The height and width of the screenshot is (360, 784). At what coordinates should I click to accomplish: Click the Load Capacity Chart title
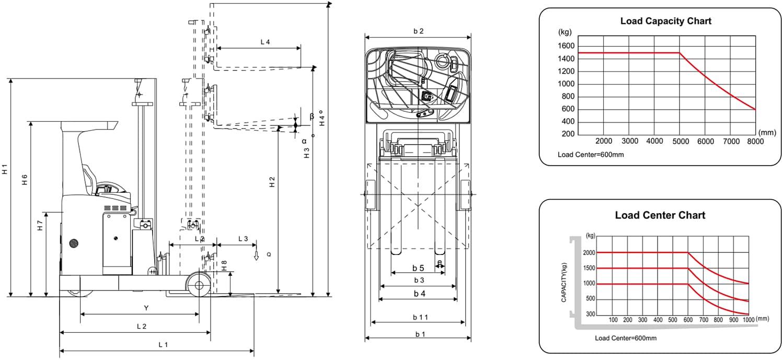pos(665,21)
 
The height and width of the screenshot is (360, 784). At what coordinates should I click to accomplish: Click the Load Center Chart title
pos(660,215)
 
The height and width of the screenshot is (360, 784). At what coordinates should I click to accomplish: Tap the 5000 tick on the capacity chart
pos(680,141)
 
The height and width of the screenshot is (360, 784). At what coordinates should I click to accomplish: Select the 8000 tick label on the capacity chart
pos(755,141)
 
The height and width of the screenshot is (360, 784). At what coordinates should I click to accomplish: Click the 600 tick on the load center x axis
pos(688,320)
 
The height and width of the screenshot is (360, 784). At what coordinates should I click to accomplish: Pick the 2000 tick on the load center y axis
pos(590,252)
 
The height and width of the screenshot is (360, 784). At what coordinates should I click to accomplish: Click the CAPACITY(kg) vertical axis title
pos(564,282)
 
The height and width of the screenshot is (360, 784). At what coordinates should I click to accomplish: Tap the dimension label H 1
pos(5,169)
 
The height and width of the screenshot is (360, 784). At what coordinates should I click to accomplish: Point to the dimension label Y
pos(146,308)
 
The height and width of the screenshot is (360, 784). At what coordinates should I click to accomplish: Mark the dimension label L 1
pos(163,344)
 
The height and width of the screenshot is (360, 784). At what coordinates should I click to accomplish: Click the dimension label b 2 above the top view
pos(418,31)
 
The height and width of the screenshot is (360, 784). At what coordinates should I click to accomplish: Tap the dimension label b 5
pos(418,268)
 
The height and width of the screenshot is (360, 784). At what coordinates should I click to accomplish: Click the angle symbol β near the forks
pos(312,116)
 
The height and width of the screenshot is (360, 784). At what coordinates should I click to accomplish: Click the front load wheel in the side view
pos(199,285)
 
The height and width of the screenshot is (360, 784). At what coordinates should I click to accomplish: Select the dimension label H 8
pos(224,265)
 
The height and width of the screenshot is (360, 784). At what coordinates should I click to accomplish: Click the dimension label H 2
pos(272,182)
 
